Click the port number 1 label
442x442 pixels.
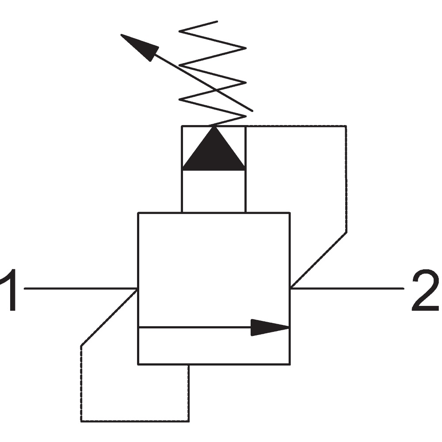point(8,290)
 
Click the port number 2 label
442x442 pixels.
point(426,290)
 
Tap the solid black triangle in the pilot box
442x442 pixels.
point(214,149)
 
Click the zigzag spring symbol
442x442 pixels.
point(213,73)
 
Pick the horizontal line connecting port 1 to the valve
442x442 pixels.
point(81,288)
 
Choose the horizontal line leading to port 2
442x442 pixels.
point(347,288)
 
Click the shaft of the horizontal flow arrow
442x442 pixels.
point(195,327)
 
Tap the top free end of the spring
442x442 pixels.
point(217,21)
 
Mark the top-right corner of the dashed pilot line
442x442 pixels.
point(346,126)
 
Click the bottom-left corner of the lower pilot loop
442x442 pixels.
point(81,421)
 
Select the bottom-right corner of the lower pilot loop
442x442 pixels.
point(189,421)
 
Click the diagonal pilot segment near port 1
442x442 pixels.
point(109,317)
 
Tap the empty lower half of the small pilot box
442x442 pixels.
point(214,191)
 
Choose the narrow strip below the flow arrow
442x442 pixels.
point(214,346)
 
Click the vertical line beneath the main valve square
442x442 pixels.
point(189,392)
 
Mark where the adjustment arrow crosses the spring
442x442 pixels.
point(216,90)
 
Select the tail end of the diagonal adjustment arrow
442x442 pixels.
point(252,111)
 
